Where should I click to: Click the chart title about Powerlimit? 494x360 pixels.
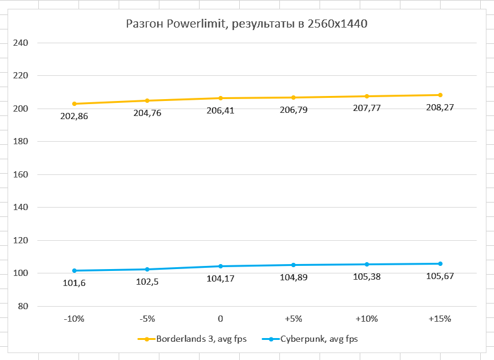[246, 24]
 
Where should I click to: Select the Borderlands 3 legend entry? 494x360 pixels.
[192, 339]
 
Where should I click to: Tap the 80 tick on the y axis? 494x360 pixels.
[23, 306]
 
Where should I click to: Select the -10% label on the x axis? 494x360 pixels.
[74, 319]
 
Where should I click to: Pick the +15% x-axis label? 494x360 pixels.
[439, 319]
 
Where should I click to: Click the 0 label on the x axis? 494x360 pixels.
[220, 319]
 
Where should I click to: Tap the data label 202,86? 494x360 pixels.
[74, 116]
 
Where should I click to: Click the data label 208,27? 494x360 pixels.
[439, 107]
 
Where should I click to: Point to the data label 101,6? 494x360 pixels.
[74, 283]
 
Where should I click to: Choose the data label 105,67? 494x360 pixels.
[439, 276]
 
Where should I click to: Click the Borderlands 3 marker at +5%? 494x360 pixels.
[294, 97]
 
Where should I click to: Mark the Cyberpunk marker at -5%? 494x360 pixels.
[148, 269]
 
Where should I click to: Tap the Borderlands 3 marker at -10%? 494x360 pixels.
[74, 103]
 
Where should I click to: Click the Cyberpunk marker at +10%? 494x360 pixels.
[367, 264]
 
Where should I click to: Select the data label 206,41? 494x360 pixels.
[220, 110]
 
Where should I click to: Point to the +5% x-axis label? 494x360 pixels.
[294, 319]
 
